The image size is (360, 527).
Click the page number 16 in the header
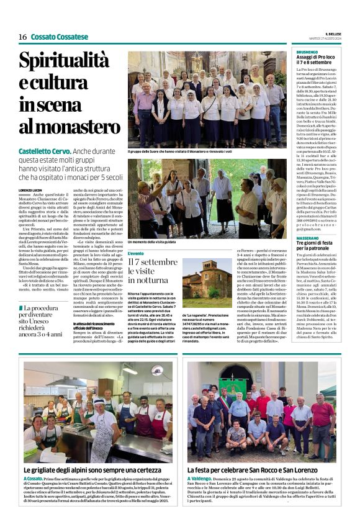point(22,37)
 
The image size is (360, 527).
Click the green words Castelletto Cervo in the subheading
point(44,151)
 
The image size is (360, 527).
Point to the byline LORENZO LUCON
point(32,189)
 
